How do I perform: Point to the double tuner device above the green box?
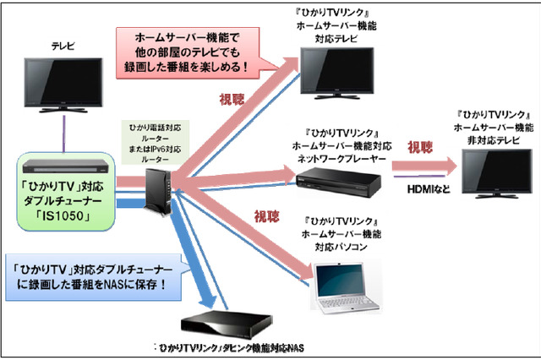pos(64,164)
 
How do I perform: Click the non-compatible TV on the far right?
pos(492,171)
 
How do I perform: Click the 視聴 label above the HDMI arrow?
pos(420,147)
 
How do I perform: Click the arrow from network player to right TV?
pos(423,167)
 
